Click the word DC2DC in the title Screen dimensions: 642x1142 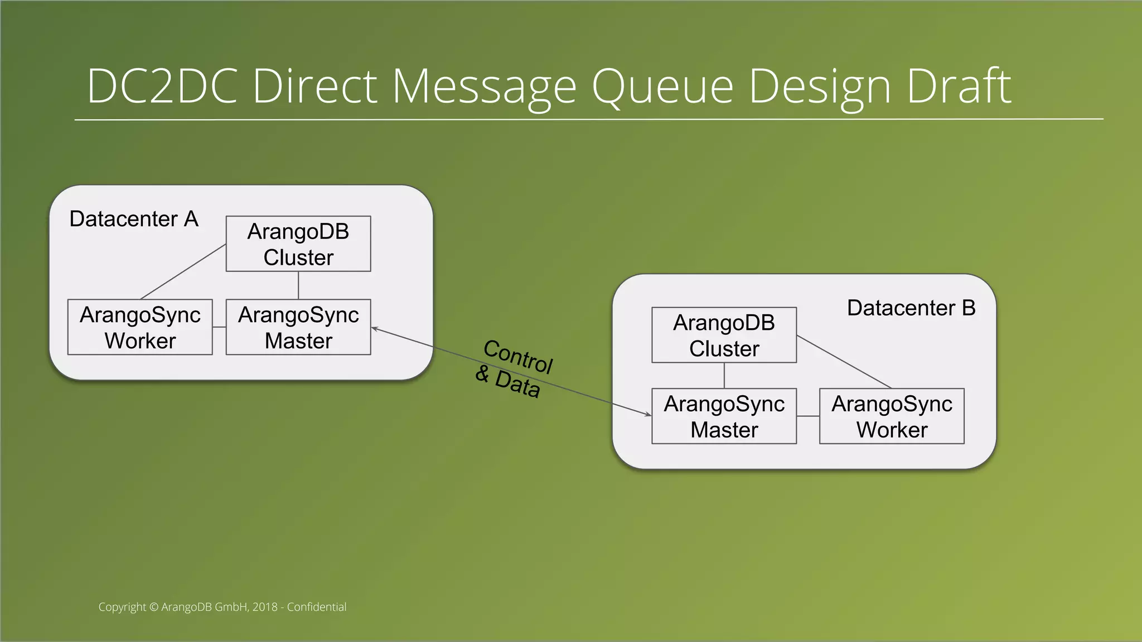click(x=162, y=86)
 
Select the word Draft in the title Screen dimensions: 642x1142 click(x=959, y=86)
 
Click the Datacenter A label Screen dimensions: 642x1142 click(x=134, y=219)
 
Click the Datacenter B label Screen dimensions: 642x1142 click(x=911, y=308)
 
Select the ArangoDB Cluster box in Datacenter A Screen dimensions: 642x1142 click(x=298, y=244)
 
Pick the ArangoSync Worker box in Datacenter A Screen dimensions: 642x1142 click(x=140, y=327)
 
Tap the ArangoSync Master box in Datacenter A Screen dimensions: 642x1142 click(x=298, y=327)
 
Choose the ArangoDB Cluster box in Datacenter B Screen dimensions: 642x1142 click(x=724, y=335)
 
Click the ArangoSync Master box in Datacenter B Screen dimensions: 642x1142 click(x=724, y=416)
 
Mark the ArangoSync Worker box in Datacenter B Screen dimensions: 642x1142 click(x=891, y=416)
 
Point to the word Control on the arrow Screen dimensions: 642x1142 click(x=518, y=357)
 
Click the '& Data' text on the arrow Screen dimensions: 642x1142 click(x=507, y=382)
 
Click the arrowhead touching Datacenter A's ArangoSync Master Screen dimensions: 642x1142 click(x=374, y=329)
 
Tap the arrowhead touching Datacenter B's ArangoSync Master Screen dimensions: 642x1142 click(x=648, y=415)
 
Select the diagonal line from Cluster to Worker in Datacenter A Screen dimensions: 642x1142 click(x=183, y=271)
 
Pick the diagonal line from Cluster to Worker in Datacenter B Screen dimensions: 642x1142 click(x=844, y=362)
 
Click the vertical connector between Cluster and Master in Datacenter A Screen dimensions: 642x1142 click(x=298, y=285)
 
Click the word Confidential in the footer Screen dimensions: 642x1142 click(x=316, y=607)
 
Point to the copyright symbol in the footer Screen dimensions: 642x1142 click(x=154, y=607)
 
